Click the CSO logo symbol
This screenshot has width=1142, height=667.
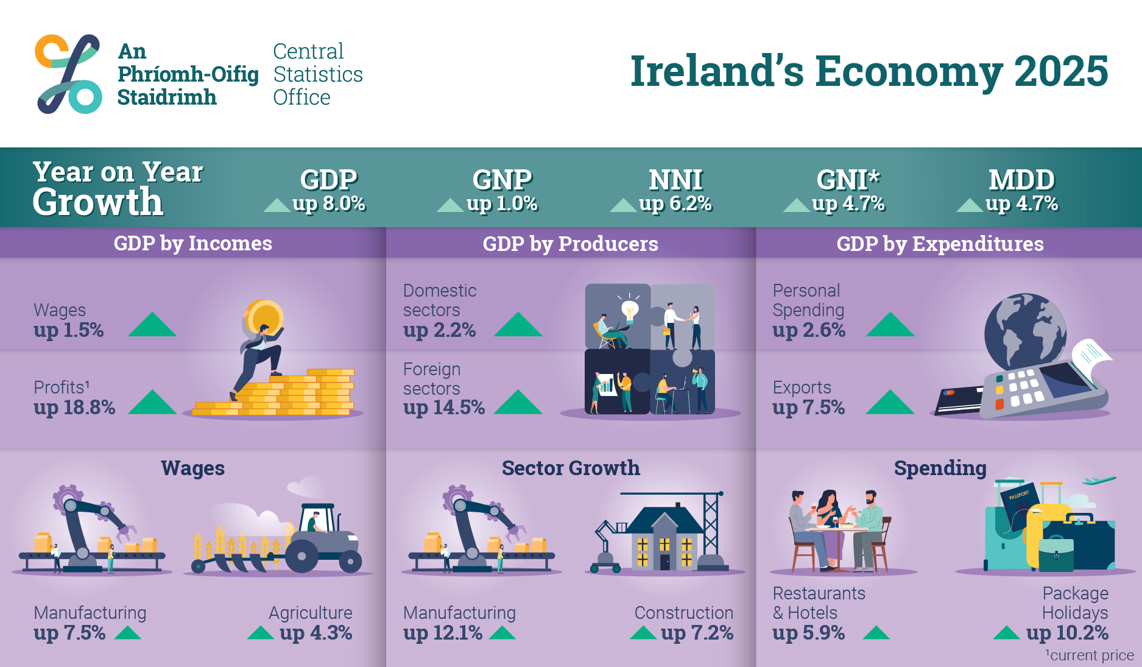68,74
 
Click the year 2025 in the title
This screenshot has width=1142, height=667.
1061,71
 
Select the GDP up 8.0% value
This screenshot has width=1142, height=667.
329,203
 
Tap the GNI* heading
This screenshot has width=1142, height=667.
848,180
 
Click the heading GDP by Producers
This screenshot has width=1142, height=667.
570,244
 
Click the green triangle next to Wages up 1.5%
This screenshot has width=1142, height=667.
152,324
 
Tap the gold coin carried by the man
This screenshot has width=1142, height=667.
264,317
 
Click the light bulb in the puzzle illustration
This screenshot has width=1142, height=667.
630,309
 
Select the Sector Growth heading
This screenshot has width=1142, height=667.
571,468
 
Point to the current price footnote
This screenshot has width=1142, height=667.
1090,655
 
